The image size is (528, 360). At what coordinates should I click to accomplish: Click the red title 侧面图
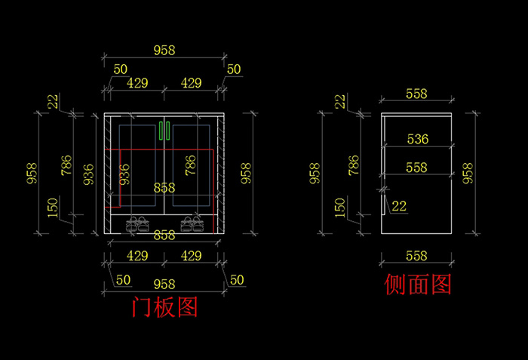[x=417, y=285]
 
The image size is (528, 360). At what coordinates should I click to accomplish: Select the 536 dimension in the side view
[x=417, y=139]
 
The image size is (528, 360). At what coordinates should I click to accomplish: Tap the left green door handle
[x=161, y=131]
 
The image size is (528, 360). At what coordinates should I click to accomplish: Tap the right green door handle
[x=170, y=131]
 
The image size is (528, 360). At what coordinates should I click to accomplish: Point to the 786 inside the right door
[x=190, y=165]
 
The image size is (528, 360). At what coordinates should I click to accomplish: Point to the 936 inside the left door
[x=124, y=174]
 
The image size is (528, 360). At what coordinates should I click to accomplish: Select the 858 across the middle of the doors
[x=164, y=187]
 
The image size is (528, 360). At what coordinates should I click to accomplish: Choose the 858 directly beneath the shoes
[x=164, y=235]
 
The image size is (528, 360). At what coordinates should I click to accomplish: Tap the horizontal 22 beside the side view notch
[x=399, y=205]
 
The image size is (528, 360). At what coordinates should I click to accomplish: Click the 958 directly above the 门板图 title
[x=164, y=285]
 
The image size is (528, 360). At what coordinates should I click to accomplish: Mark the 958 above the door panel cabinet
[x=164, y=51]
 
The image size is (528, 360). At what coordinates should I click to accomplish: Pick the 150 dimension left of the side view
[x=339, y=206]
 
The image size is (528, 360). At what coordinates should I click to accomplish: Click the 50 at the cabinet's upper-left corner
[x=120, y=69]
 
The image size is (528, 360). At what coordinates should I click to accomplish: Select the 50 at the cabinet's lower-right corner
[x=237, y=280]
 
